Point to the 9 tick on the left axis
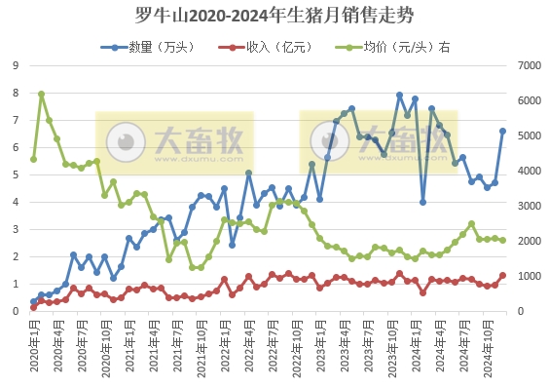coord(17,65)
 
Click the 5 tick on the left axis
coord(17,174)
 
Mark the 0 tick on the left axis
coord(17,311)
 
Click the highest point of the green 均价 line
coord(41,95)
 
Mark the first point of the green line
coord(33,159)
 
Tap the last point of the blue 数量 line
coord(503,131)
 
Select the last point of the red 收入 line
coord(503,275)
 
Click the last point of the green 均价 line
coord(503,240)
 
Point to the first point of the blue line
coord(33,302)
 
